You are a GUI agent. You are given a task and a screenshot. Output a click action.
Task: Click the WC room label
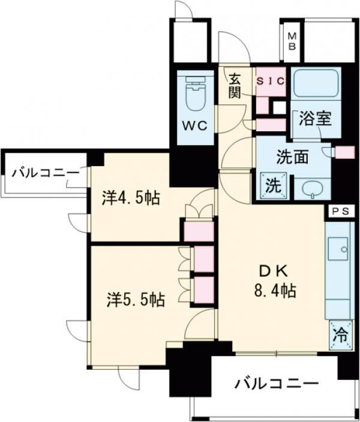click(x=195, y=126)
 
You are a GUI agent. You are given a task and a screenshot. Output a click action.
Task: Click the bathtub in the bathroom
click(x=316, y=85)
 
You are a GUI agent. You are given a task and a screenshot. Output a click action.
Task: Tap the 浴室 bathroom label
click(x=314, y=118)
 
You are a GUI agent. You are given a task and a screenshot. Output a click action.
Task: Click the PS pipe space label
click(x=340, y=211)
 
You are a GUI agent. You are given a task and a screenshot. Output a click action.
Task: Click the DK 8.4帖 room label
click(x=274, y=282)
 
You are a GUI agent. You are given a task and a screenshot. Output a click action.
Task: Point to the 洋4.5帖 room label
click(x=131, y=198)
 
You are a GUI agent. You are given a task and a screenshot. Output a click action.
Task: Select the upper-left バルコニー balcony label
click(x=45, y=174)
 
